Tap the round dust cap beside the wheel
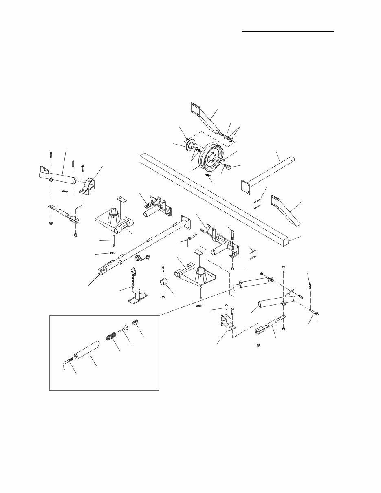[229, 167]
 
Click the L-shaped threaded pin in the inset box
[67, 363]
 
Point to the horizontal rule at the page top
[288, 31]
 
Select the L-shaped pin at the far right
[316, 316]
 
